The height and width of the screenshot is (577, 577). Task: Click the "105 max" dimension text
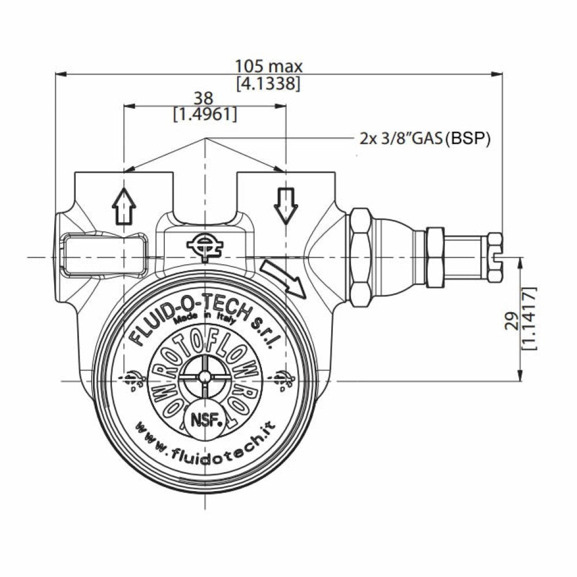(268, 66)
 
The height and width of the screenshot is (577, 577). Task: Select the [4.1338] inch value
(268, 83)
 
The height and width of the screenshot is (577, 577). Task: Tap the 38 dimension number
(204, 98)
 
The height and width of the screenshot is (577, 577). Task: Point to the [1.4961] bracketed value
(205, 114)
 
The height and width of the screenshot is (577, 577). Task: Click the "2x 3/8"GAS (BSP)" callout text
(425, 138)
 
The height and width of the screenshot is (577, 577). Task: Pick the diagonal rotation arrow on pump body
(283, 278)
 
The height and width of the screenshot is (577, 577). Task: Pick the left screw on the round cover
(132, 379)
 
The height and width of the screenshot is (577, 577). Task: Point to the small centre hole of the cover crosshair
(204, 377)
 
